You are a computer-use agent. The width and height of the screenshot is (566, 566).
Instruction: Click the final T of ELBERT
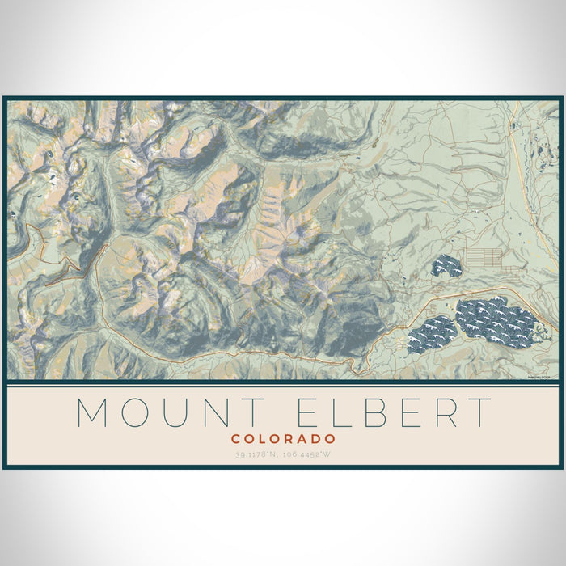click(x=479, y=412)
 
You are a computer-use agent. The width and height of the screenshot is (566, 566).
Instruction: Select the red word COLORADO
click(x=283, y=439)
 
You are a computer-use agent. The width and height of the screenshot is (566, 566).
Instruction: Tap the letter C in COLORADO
click(x=235, y=439)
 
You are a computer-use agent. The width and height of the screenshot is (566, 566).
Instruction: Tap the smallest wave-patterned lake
click(x=446, y=265)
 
